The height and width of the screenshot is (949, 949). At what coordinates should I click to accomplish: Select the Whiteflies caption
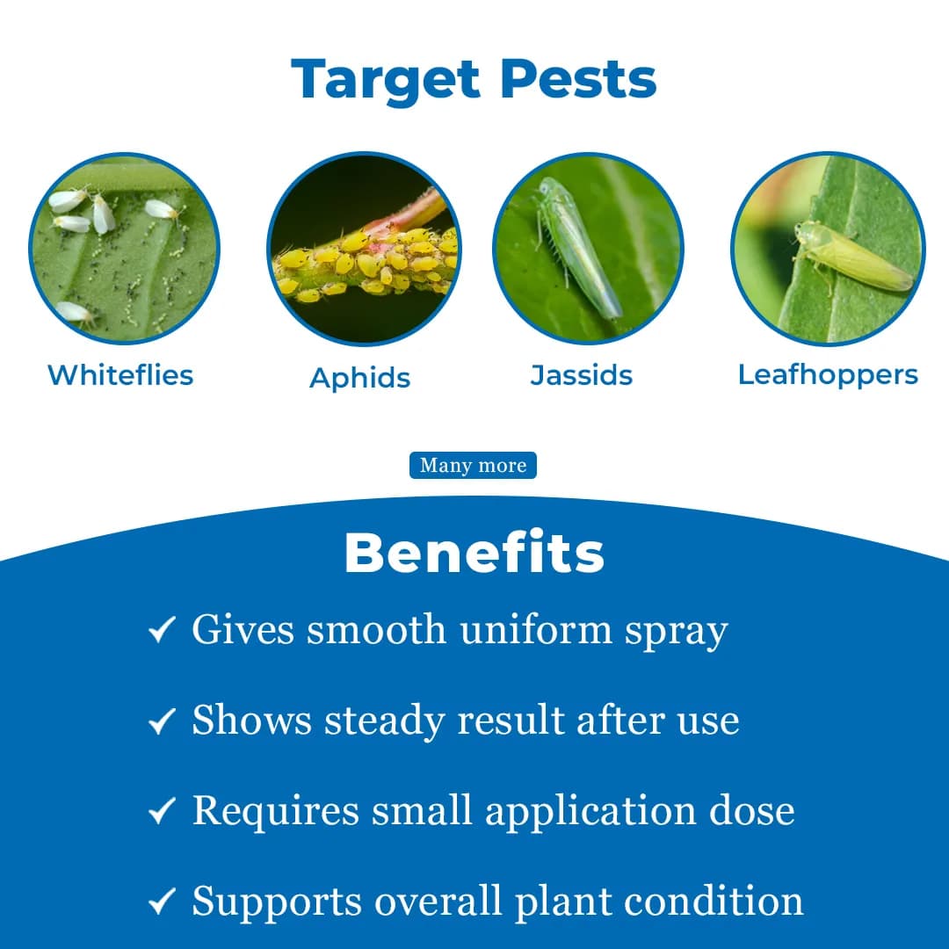click(x=120, y=375)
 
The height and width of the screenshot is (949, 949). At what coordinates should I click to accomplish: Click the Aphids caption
click(x=360, y=378)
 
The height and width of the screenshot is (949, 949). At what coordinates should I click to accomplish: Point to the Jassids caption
click(x=582, y=375)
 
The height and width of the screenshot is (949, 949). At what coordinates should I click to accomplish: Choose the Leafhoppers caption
click(x=828, y=374)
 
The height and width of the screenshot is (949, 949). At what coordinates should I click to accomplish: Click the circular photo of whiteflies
click(x=124, y=248)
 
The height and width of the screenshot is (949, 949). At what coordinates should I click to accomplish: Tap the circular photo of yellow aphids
click(x=363, y=248)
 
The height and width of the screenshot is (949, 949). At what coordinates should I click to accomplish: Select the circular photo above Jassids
click(x=588, y=248)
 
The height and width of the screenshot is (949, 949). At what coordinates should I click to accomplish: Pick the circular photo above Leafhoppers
click(x=828, y=248)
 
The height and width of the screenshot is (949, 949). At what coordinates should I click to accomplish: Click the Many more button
click(x=473, y=466)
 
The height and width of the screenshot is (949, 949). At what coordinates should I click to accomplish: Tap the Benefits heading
click(x=474, y=554)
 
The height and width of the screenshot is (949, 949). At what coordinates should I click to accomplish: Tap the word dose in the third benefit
click(x=752, y=810)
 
